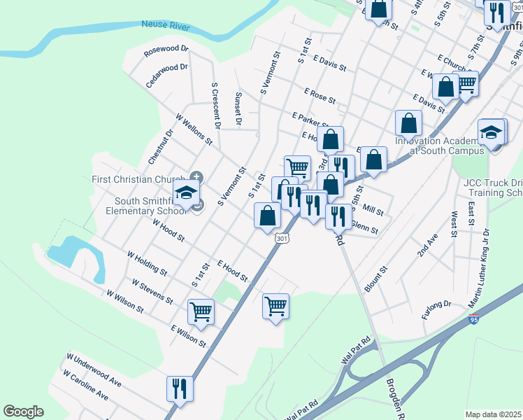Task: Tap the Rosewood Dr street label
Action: [166, 50]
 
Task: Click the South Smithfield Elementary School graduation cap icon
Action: [187, 192]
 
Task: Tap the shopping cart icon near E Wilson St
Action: [201, 311]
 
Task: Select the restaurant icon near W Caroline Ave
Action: [180, 388]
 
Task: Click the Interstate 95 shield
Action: [474, 321]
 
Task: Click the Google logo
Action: [23, 412]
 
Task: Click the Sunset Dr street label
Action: [238, 109]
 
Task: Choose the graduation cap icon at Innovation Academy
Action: [492, 131]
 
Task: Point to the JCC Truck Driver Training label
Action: [493, 188]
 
